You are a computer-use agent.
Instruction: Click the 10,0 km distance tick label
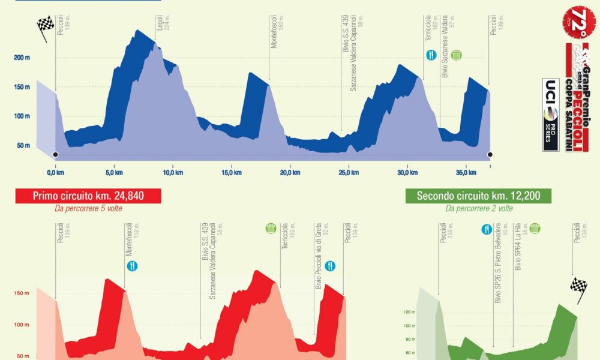point(172,173)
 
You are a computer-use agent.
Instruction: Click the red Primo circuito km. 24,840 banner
point(88,196)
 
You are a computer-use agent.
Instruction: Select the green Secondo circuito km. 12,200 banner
point(478,196)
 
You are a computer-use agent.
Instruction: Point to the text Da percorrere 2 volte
point(479,208)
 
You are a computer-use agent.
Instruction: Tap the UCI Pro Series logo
point(550,114)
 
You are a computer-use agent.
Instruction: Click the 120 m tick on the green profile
point(409,313)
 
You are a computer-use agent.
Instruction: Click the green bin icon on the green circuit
point(535,229)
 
